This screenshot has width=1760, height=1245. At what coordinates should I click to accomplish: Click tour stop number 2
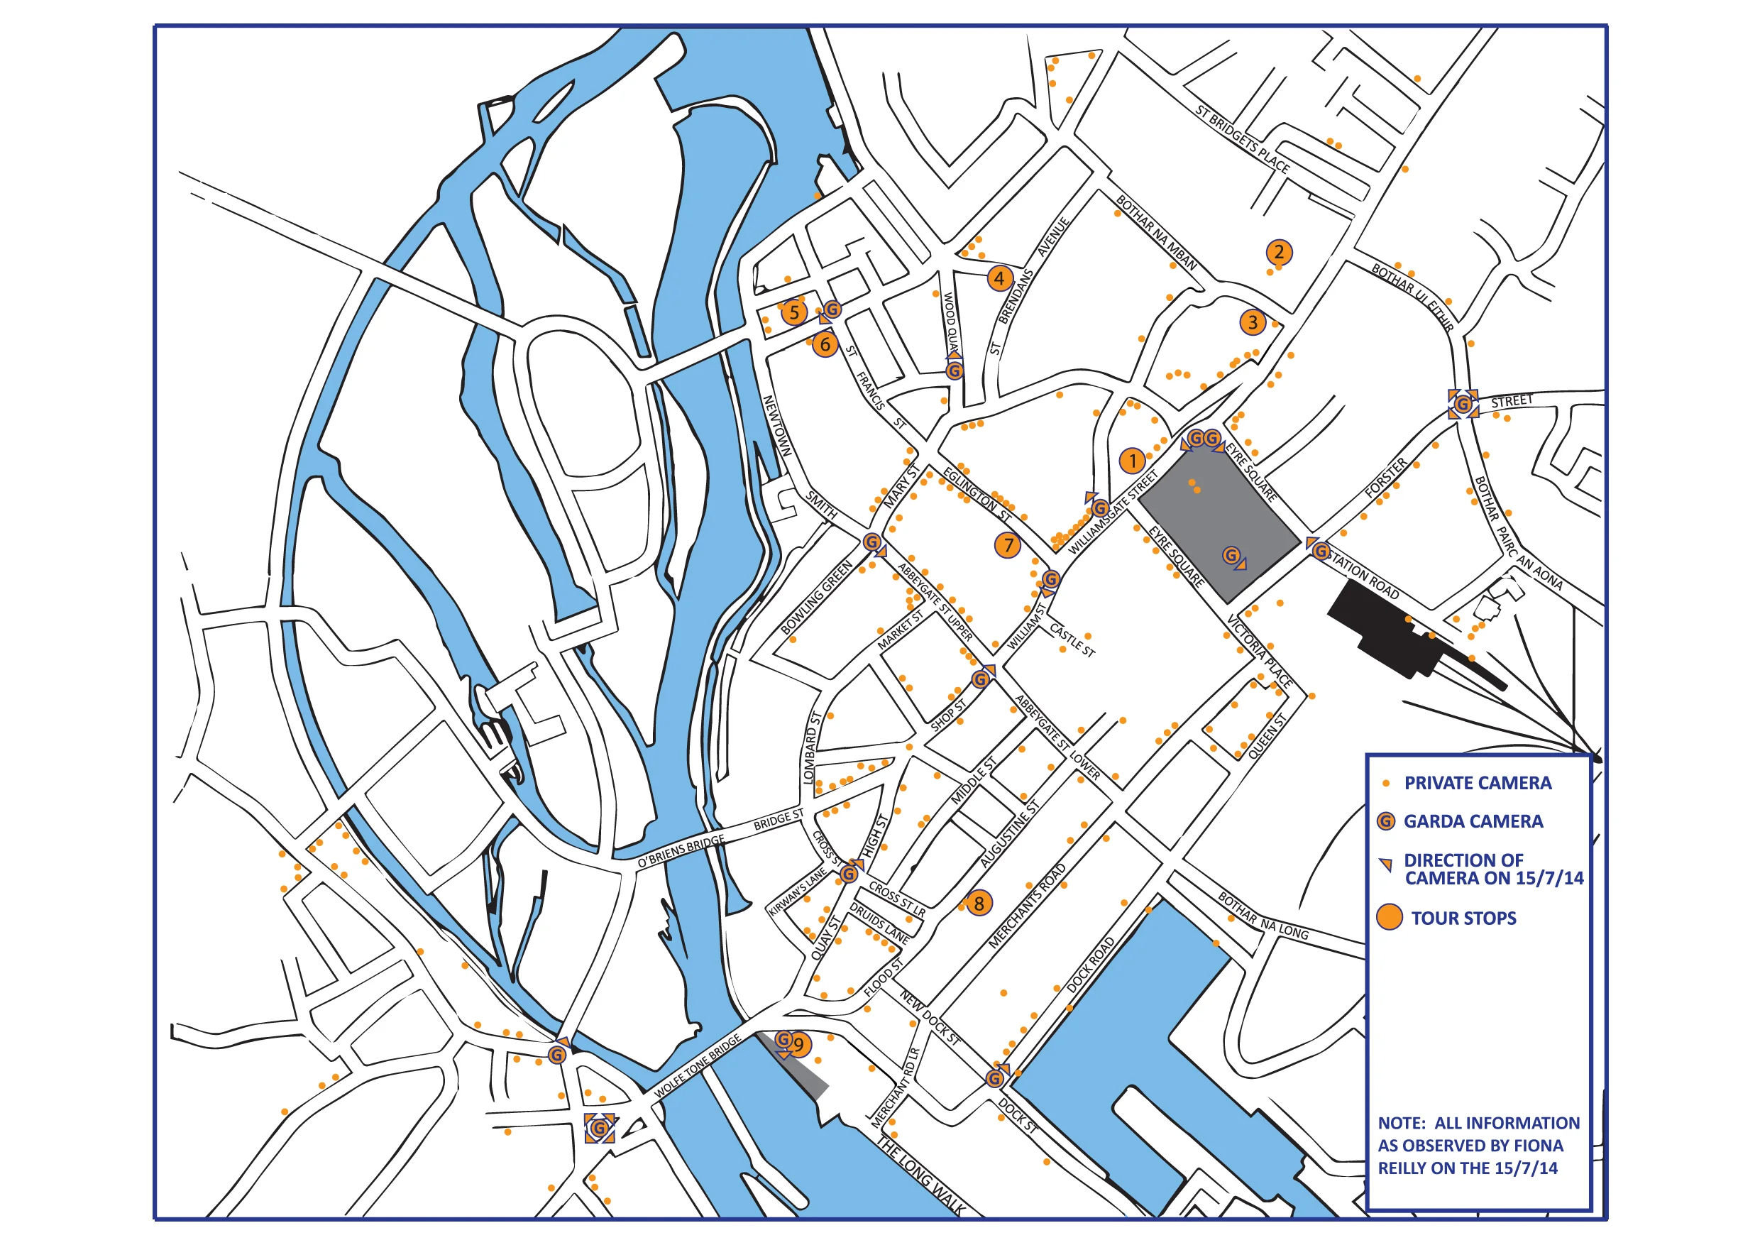(1278, 251)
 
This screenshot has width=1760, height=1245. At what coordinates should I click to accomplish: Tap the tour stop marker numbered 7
(1008, 545)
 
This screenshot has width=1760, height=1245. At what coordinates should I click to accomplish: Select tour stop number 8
(978, 903)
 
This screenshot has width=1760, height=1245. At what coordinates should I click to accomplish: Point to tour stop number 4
(999, 278)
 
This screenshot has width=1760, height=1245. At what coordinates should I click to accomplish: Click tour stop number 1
(1132, 461)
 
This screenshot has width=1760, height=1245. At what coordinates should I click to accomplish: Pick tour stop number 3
(1253, 322)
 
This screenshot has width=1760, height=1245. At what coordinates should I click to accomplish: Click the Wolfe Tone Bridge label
(698, 1065)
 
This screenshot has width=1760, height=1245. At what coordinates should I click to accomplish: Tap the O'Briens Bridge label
(681, 852)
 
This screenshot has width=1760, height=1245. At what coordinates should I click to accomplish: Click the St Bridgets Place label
(1242, 138)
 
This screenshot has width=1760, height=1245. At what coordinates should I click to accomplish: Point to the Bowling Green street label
(816, 598)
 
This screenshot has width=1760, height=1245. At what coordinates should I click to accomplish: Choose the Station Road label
(1365, 574)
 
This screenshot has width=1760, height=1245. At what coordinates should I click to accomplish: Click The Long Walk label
(920, 1177)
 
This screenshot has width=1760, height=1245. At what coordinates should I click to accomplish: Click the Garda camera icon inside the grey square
(1231, 555)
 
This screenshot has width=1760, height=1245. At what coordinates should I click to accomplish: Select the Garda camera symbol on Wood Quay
(954, 371)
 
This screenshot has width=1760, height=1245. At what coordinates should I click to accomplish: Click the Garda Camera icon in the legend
(1386, 821)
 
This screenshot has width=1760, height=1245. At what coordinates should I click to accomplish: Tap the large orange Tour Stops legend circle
(1389, 917)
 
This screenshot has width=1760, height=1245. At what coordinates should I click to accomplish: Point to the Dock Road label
(1090, 965)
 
